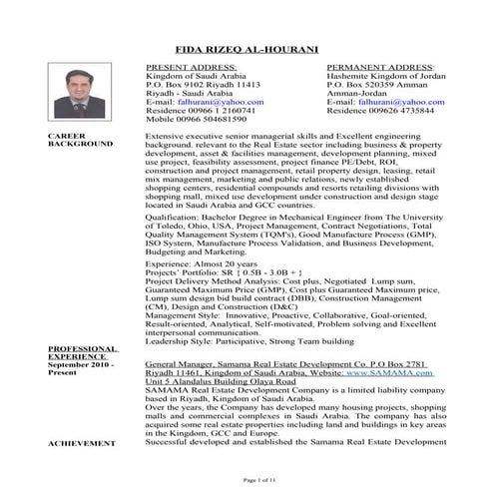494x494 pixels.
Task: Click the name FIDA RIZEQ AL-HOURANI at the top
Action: click(x=247, y=48)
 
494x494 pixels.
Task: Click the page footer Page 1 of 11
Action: click(x=247, y=480)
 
